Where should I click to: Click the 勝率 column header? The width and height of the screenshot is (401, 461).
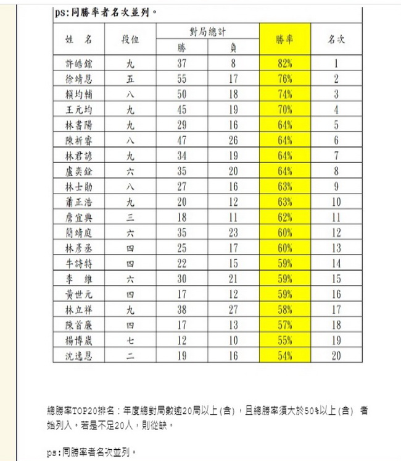tap(284, 39)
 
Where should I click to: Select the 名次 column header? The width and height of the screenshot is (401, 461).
tap(336, 39)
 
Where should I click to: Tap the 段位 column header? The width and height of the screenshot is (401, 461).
tap(130, 39)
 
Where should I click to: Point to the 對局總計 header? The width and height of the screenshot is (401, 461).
tap(207, 30)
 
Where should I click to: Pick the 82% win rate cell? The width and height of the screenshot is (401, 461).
tap(284, 63)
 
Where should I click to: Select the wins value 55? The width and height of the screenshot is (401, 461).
tap(182, 78)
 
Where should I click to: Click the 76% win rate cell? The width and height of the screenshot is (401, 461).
tap(284, 78)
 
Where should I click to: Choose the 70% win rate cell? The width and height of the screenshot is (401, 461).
tap(284, 110)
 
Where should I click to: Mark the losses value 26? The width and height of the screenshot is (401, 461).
tap(233, 140)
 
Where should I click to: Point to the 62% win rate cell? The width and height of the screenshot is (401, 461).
tap(284, 218)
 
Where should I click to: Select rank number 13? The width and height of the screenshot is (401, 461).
tap(336, 248)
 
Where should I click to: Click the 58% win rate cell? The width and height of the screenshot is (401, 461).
tap(284, 310)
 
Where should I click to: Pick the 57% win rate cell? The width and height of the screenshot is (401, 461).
tap(284, 325)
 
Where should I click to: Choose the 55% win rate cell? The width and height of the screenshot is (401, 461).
tap(284, 340)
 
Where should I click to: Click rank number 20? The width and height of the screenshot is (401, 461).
tap(336, 355)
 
